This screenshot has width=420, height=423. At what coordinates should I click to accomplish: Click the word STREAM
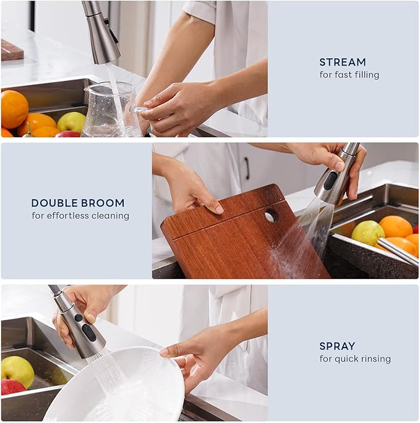click(x=342, y=62)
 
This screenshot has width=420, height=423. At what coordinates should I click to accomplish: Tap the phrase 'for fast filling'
click(x=349, y=75)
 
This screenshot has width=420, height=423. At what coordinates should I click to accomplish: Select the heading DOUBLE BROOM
click(x=78, y=203)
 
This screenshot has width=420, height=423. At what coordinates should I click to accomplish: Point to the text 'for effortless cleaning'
click(x=80, y=216)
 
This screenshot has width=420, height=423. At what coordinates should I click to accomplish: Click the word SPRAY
click(x=336, y=346)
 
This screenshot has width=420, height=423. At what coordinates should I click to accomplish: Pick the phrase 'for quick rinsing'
click(x=354, y=359)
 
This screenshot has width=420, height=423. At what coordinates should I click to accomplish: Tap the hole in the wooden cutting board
click(x=271, y=215)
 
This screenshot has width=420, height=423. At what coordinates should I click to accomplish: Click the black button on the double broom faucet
click(x=331, y=181)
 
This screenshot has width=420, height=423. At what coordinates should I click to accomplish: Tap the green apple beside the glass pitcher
click(x=71, y=121)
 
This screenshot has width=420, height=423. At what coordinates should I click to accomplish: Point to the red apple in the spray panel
click(x=12, y=387)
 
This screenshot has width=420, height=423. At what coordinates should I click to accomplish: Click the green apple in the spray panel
click(x=17, y=370)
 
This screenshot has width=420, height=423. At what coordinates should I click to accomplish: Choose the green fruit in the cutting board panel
click(x=367, y=233)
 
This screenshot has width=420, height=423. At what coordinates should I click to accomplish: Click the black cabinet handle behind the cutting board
click(x=246, y=168)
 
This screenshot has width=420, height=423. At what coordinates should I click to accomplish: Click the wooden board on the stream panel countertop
click(x=12, y=49)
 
